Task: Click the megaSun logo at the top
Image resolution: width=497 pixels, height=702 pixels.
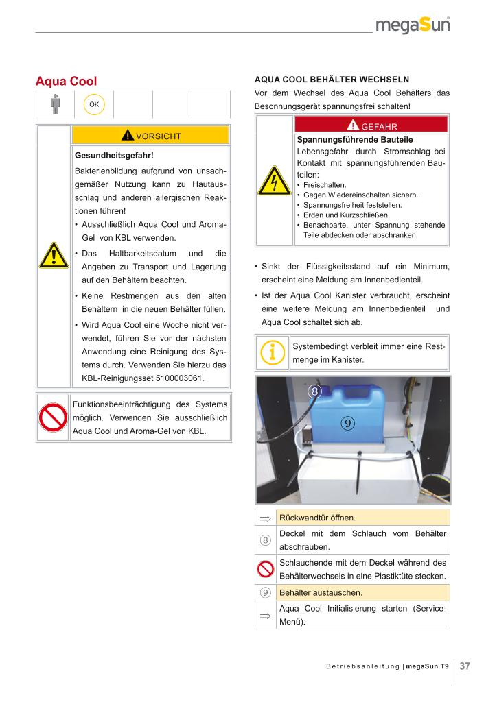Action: click(x=412, y=25)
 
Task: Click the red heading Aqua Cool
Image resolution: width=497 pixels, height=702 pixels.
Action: click(x=66, y=82)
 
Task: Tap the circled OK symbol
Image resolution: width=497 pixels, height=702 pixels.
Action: click(x=93, y=104)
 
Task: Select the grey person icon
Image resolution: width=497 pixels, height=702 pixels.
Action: click(x=56, y=104)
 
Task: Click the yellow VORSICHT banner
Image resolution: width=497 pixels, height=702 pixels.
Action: click(x=150, y=136)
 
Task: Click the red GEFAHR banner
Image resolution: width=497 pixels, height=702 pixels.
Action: click(x=371, y=125)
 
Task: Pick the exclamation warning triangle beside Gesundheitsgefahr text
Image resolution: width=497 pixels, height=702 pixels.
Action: click(x=54, y=256)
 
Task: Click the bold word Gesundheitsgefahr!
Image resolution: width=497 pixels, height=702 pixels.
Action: click(x=114, y=156)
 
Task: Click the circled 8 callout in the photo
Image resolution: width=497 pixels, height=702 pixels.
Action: click(x=314, y=392)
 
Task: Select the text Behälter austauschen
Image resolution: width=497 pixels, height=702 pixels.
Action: click(x=321, y=592)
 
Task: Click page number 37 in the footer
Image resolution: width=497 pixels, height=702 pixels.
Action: click(x=465, y=666)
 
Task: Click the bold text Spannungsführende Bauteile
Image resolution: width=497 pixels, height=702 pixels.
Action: click(x=345, y=139)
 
